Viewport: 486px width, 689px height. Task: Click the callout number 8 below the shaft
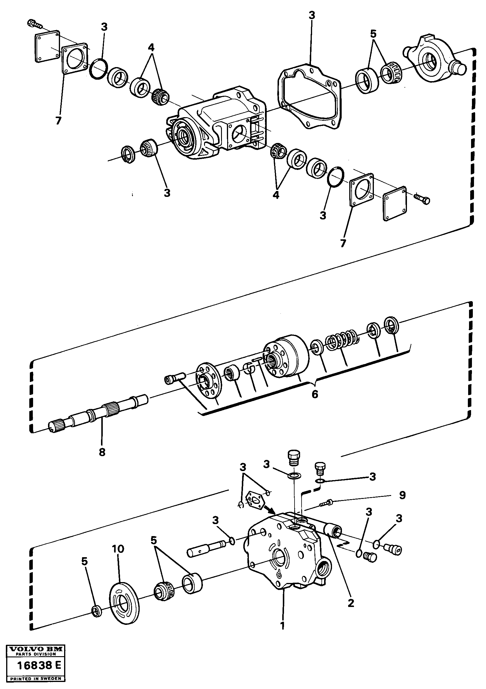102,452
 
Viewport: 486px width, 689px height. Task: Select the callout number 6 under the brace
314,394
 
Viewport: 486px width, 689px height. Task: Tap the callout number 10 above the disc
118,549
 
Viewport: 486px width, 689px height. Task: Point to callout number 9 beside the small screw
402,495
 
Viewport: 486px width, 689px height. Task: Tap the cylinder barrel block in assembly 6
287,357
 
